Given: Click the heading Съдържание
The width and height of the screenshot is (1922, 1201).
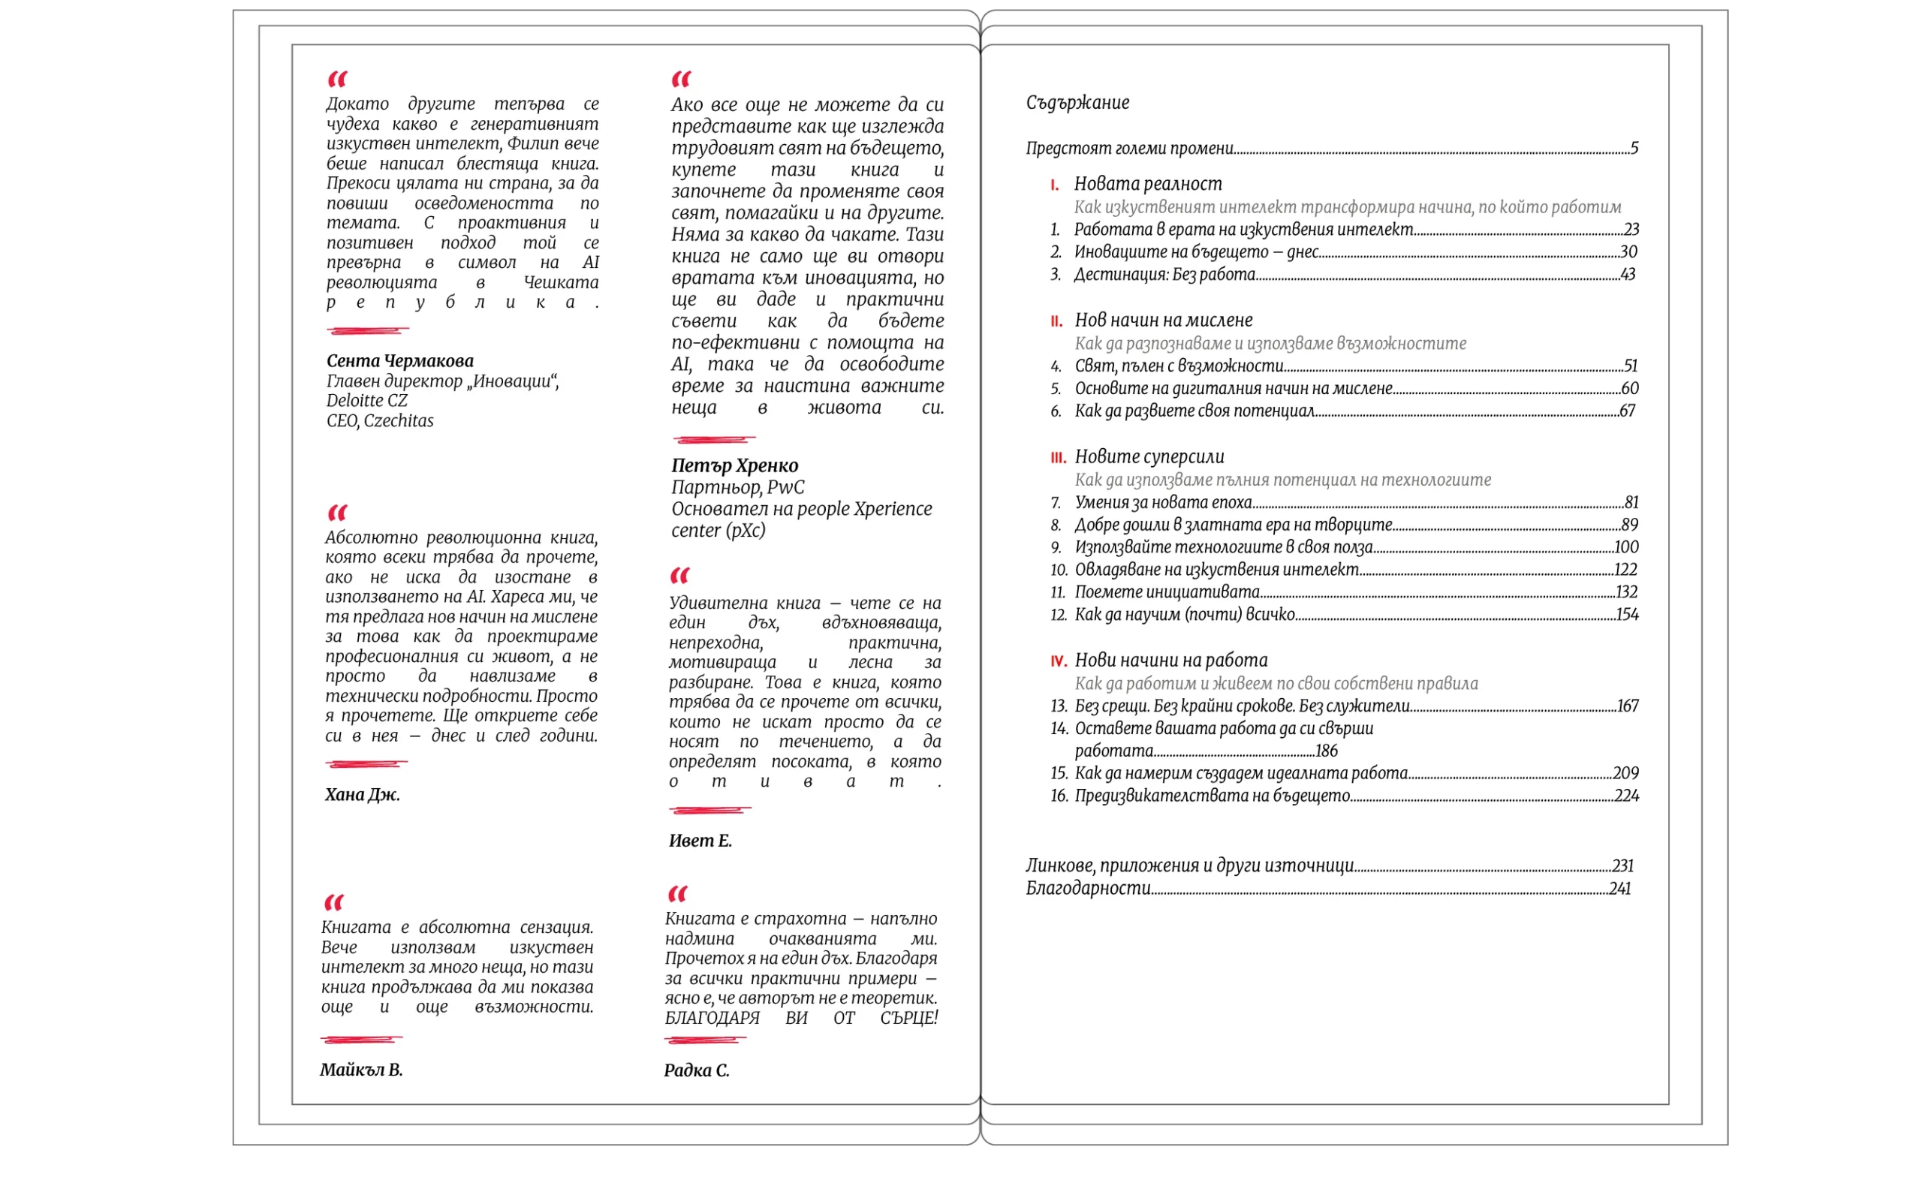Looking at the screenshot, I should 1077,103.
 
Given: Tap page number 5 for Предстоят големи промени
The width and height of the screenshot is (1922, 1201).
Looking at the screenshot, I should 1634,149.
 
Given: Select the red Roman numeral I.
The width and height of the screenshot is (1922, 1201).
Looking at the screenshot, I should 1054,185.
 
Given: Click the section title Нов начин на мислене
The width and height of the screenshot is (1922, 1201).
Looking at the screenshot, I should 1164,320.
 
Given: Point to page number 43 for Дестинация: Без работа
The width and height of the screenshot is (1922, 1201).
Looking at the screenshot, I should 1628,275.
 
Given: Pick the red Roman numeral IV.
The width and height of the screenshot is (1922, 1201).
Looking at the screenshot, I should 1058,661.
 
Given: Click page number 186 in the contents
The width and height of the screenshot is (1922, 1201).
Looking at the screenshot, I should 1327,751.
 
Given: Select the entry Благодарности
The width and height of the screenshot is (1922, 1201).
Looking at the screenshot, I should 1088,888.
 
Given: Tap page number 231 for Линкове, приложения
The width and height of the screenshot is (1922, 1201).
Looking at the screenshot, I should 1622,865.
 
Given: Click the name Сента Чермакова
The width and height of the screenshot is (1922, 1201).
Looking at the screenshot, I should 399,361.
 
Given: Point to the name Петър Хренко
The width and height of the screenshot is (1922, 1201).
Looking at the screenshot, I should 735,466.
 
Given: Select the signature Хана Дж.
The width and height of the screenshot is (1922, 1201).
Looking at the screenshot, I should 362,795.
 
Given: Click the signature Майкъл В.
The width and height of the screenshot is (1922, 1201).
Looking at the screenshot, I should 361,1070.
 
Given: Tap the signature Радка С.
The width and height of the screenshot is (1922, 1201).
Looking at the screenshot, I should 697,1070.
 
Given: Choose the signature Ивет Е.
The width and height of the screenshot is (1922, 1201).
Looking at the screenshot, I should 700,841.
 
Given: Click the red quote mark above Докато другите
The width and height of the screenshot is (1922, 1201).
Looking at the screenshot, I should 338,79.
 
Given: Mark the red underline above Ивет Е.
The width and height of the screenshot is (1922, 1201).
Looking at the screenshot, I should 709,810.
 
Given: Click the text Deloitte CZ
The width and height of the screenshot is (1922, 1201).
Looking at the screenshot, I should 367,401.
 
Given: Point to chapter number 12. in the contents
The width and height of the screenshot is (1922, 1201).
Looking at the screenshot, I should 1059,615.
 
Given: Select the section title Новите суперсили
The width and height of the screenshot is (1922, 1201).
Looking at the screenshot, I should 1149,456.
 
